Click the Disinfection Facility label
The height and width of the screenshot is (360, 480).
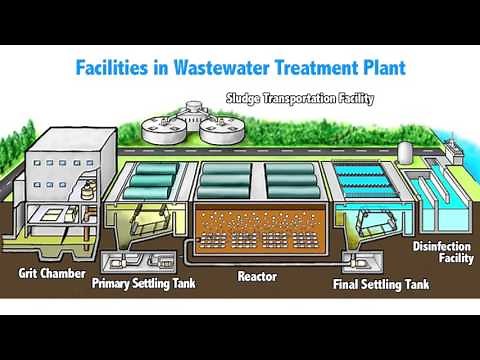coord(441,251)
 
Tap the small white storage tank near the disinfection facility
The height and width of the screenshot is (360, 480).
coord(404,150)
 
